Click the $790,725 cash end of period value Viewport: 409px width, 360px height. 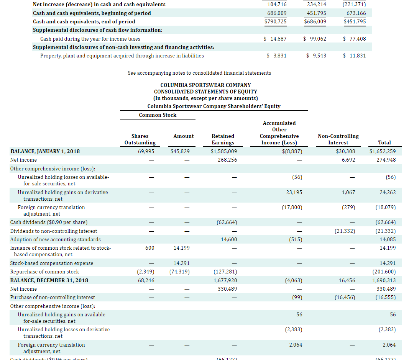[275, 21]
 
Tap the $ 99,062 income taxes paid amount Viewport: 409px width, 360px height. [314, 39]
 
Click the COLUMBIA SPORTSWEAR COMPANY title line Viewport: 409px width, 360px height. [205, 85]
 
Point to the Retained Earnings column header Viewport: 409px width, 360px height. [223, 139]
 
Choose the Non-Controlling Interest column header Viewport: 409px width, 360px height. [338, 139]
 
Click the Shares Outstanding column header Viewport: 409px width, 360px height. [140, 139]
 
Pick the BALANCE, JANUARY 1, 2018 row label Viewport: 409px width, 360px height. [45, 151]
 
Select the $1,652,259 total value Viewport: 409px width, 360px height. [383, 151]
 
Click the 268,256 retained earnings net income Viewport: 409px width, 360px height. [227, 160]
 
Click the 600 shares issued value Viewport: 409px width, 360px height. [150, 248]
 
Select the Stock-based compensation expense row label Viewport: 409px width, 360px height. [52, 263]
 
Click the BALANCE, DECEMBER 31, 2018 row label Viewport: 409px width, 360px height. [49, 280]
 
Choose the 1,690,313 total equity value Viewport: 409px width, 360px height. [384, 280]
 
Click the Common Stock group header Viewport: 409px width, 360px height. [158, 115]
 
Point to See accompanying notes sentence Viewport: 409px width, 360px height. [199, 73]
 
